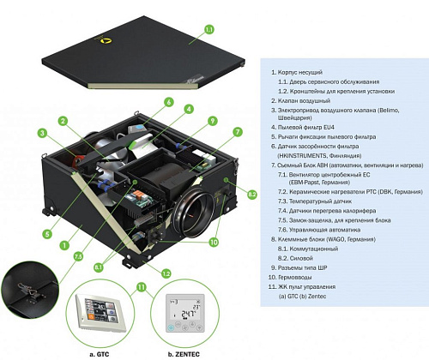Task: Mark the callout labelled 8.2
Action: point(251,195)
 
